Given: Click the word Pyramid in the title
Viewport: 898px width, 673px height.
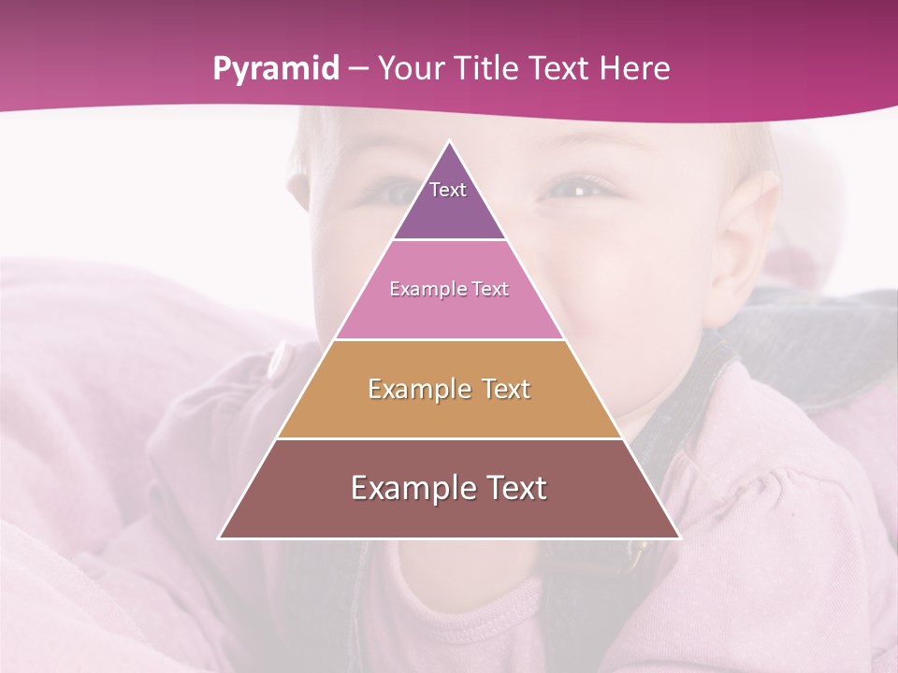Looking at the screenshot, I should (274, 69).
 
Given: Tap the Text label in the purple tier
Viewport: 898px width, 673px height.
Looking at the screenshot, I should (448, 190).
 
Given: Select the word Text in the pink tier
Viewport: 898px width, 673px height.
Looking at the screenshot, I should (491, 290).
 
